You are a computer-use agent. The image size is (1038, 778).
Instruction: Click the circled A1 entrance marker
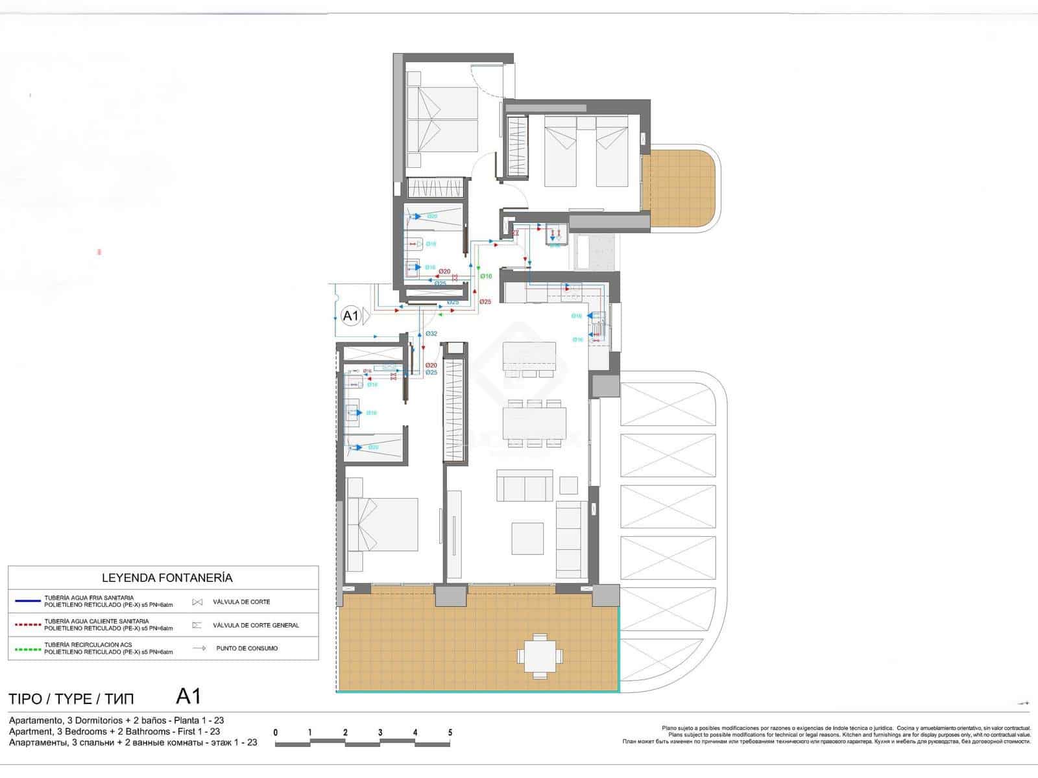click(x=350, y=316)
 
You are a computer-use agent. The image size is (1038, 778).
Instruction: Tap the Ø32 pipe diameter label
click(x=431, y=334)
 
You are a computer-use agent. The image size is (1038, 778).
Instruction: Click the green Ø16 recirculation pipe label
click(x=486, y=276)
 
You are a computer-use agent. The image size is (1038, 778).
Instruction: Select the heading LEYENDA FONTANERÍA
click(x=167, y=578)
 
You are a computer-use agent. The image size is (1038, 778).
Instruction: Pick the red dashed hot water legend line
click(x=27, y=626)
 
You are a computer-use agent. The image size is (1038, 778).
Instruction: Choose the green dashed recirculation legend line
click(x=27, y=648)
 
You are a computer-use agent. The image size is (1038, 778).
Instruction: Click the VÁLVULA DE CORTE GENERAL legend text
click(x=256, y=626)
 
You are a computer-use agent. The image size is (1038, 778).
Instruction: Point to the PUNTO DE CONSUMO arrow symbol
click(x=199, y=648)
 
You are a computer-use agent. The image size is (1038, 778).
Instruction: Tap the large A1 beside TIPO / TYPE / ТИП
click(x=188, y=697)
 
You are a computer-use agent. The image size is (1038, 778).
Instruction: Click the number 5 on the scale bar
click(x=450, y=733)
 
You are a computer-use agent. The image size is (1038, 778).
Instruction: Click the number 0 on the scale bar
click(x=276, y=733)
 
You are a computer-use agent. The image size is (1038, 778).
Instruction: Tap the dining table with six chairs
click(x=535, y=423)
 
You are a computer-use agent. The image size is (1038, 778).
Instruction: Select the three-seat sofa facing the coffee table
click(x=525, y=486)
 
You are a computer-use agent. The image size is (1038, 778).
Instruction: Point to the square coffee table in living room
click(x=527, y=538)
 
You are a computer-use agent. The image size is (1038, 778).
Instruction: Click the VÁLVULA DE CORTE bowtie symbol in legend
click(x=197, y=602)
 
